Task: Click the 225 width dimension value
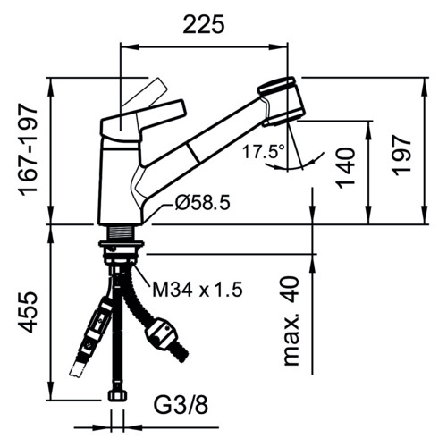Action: point(203,24)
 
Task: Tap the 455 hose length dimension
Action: point(29,312)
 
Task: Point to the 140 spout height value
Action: point(346,168)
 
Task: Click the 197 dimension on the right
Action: point(401,156)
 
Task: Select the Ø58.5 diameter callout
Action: point(203,203)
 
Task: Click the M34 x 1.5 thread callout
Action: point(198,290)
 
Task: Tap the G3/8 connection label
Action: point(181,405)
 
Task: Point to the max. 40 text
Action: point(291,321)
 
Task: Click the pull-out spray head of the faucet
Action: point(282,101)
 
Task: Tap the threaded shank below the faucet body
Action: point(122,232)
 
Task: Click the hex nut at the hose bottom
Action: point(117,396)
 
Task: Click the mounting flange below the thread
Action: point(122,244)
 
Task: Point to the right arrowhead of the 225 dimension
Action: point(278,46)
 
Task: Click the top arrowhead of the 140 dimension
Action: point(369,130)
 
